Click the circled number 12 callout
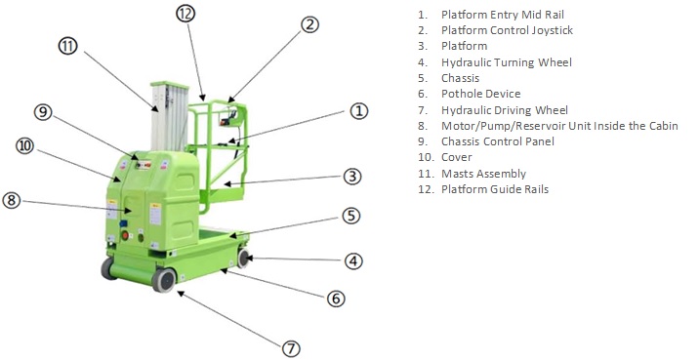tap(185, 15)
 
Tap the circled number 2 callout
tap(310, 24)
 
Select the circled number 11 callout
tap(67, 46)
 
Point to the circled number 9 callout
tap(43, 112)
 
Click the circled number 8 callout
tap(12, 200)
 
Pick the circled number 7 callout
tap(291, 348)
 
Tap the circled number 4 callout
tap(353, 261)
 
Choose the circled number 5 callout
tap(351, 216)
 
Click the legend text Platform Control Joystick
tap(507, 30)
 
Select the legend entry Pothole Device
tap(481, 94)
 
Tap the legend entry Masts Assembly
tap(483, 174)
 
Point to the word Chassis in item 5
tap(460, 78)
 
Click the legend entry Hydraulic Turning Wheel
tap(507, 62)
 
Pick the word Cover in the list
tap(457, 157)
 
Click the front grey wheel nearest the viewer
tap(164, 279)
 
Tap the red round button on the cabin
tap(125, 235)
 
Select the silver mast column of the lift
tap(170, 117)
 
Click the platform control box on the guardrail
tap(227, 117)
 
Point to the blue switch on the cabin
tap(123, 223)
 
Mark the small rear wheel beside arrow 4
tap(243, 259)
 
